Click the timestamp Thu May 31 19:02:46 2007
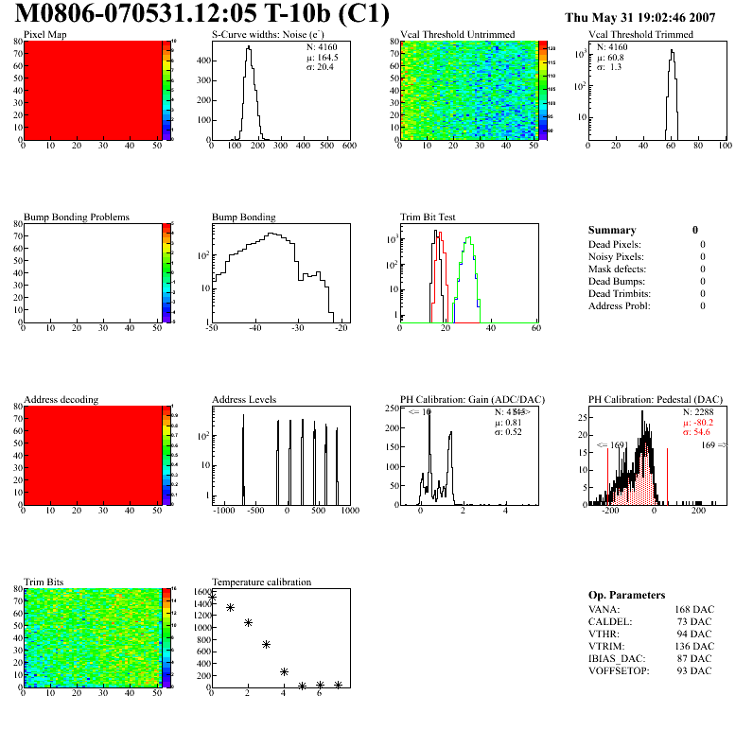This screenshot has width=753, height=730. click(x=653, y=17)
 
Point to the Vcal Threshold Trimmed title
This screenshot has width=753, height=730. click(x=640, y=35)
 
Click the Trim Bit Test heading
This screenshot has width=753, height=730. click(x=428, y=217)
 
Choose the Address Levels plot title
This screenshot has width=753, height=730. click(x=244, y=400)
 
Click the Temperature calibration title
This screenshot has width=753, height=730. click(x=261, y=582)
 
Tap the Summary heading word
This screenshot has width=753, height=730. click(x=612, y=230)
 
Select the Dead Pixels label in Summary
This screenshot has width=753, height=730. click(x=615, y=245)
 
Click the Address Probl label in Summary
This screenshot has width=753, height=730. click(x=619, y=306)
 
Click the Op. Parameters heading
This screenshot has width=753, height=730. click(x=626, y=595)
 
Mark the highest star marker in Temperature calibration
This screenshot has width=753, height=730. click(x=213, y=598)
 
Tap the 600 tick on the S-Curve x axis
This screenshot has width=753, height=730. click(x=348, y=146)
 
